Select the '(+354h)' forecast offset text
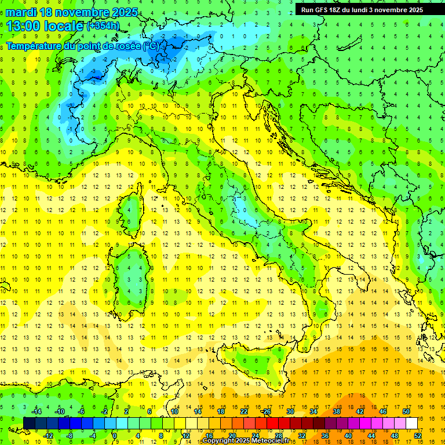point(104,26)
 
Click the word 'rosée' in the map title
point(126,46)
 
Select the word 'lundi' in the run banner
point(368,10)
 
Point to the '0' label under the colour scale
point(115,436)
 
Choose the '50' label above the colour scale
point(406,411)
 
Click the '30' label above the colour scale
point(290,411)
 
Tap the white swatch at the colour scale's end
point(411,423)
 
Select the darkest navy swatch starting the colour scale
point(29,423)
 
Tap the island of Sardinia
point(130,272)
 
